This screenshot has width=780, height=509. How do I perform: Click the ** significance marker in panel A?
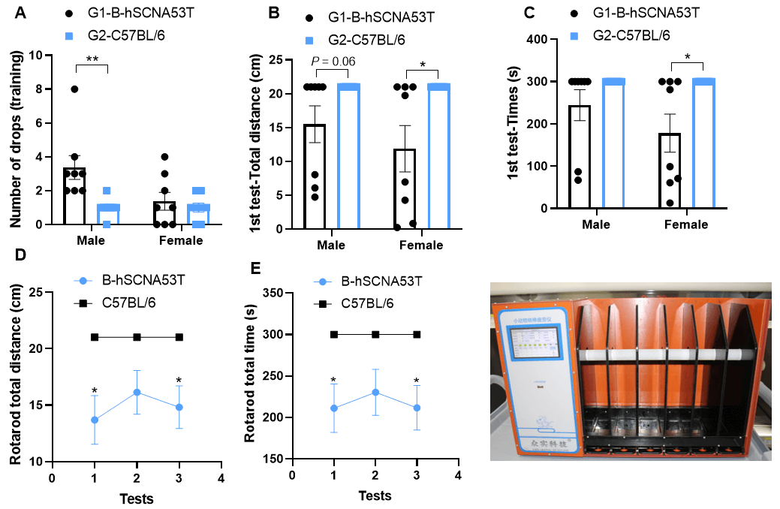pos(92,59)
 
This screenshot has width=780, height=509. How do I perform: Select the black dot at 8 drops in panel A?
pos(74,89)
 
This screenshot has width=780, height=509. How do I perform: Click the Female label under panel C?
pos(685,224)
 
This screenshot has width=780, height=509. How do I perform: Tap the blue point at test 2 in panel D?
pos(137,392)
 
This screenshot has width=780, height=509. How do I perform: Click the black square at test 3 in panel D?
pos(179,337)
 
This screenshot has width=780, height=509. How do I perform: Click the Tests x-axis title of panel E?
pos(374,495)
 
